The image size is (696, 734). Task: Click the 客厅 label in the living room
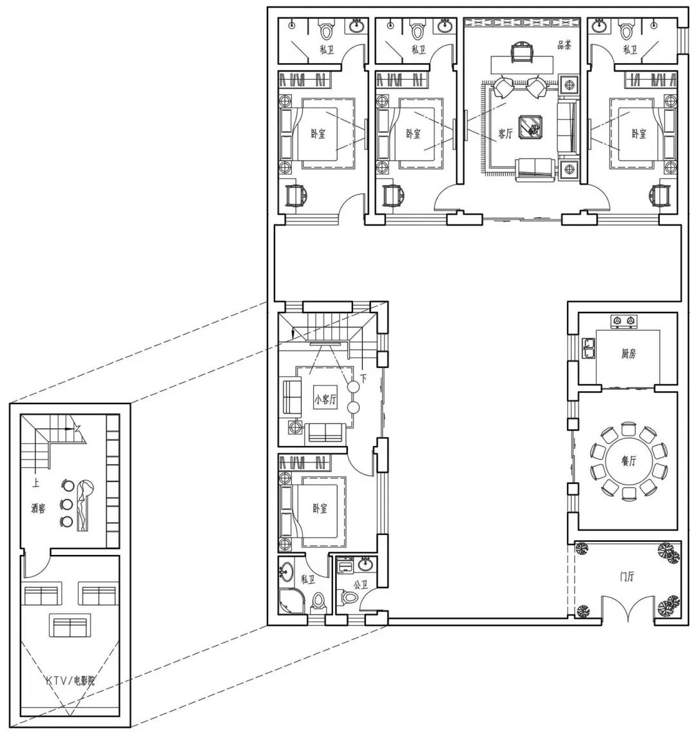tap(505, 134)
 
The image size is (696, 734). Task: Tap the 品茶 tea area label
tap(565, 46)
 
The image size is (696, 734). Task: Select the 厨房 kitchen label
tap(628, 353)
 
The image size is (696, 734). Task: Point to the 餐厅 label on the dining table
tap(628, 461)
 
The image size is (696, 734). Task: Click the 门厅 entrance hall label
tap(626, 577)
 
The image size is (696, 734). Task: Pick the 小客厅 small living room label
tap(325, 399)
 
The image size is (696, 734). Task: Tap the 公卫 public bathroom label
tap(360, 586)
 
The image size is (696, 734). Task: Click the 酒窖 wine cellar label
tap(38, 508)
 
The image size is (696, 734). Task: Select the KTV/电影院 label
tap(70, 681)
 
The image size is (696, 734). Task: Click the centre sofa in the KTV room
tap(70, 624)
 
